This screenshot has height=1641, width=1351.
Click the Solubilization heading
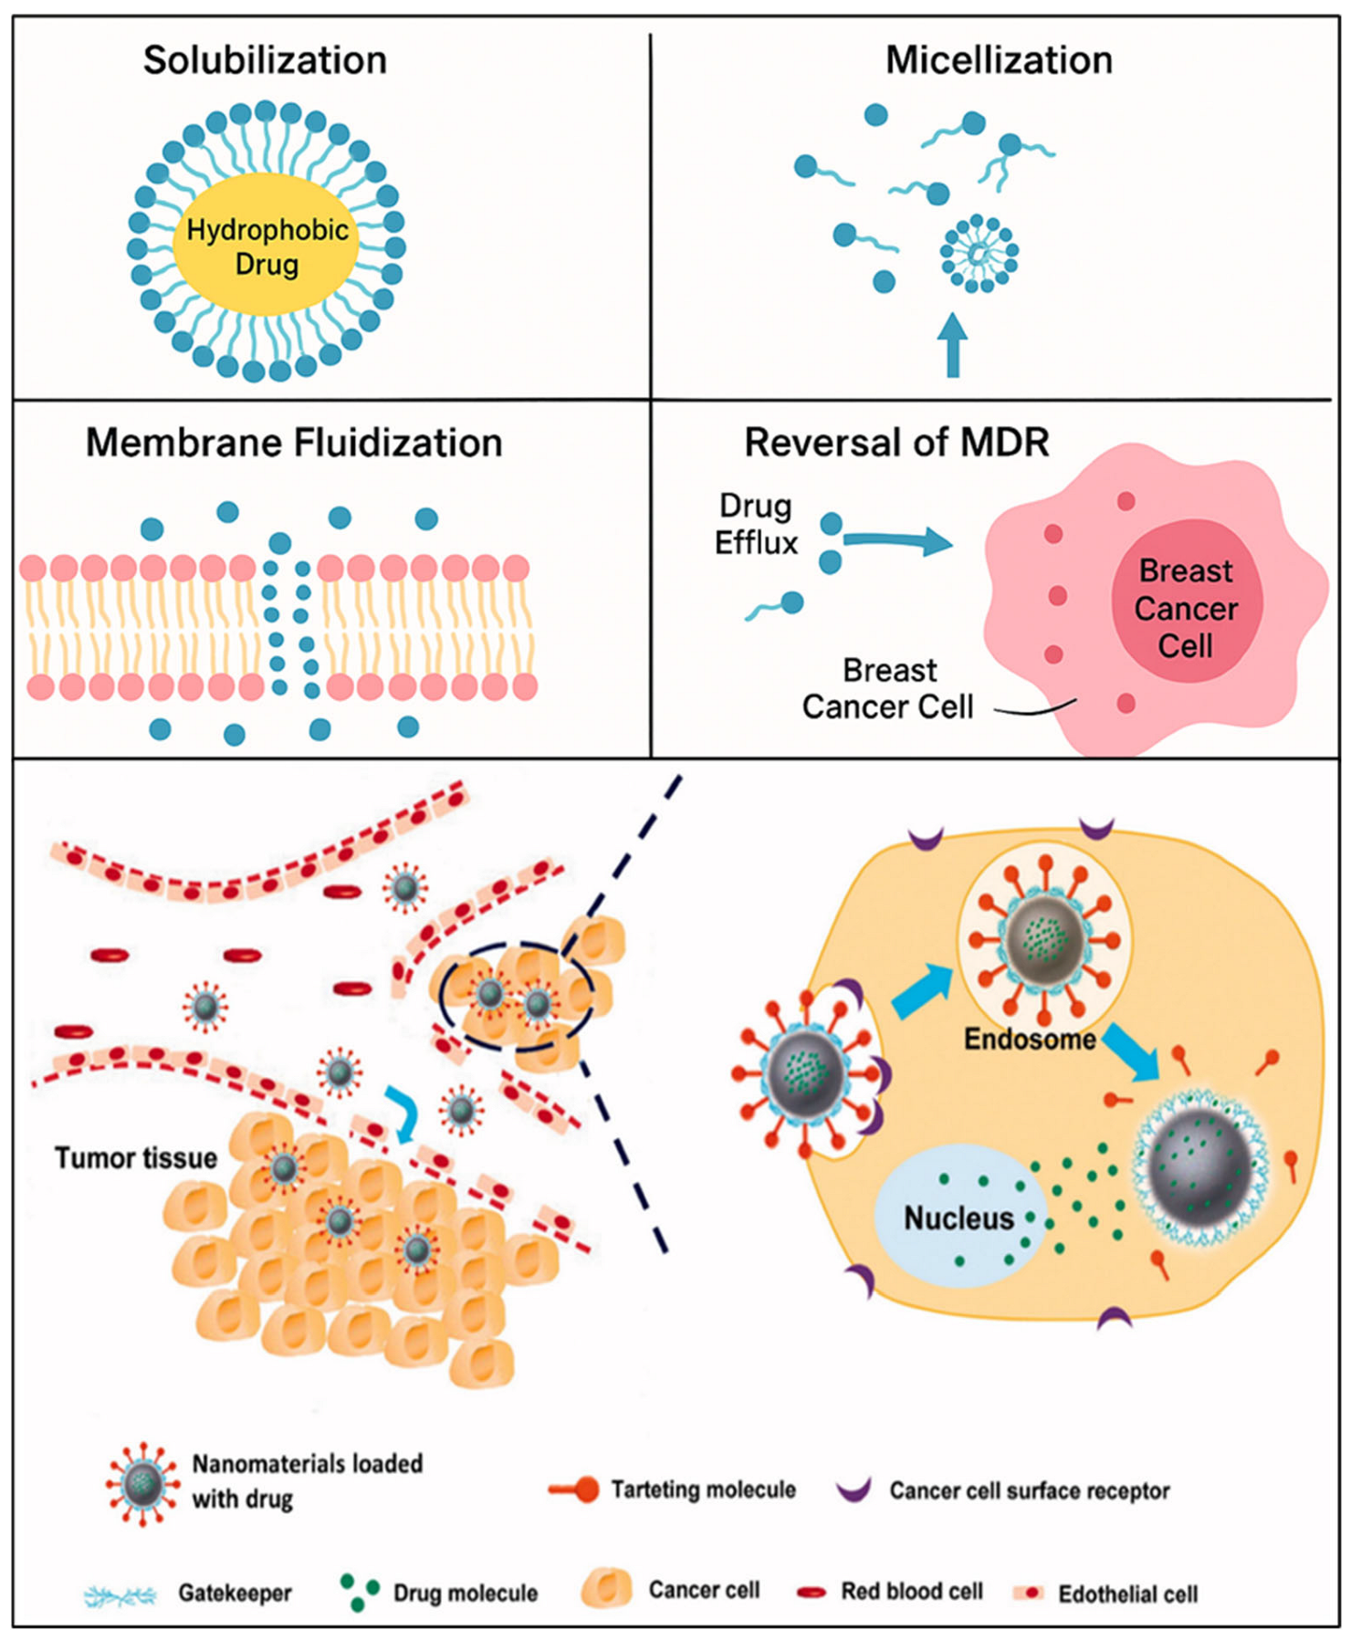(x=265, y=61)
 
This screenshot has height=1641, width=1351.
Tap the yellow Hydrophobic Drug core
(x=267, y=245)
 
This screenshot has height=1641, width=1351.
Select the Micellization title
(x=999, y=61)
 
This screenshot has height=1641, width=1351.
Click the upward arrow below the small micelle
(x=953, y=347)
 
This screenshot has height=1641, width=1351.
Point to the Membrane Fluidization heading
(x=294, y=444)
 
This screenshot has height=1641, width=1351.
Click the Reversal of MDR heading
(x=896, y=444)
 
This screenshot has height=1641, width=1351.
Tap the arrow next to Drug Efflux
(x=897, y=541)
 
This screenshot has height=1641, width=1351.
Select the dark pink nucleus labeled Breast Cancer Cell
(x=1186, y=608)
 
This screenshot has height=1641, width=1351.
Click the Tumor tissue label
(x=136, y=1158)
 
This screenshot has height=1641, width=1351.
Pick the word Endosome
(x=1030, y=1040)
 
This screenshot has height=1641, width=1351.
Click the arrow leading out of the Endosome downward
(x=1132, y=1051)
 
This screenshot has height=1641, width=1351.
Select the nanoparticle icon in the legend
(x=141, y=1484)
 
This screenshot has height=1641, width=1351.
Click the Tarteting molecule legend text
(x=703, y=1489)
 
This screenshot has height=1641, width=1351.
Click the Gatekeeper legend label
(x=235, y=1594)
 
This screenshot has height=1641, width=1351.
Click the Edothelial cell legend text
(x=1127, y=1594)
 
